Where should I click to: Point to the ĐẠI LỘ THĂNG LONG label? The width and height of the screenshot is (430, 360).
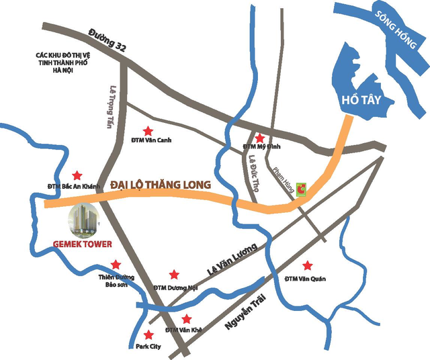[161, 184]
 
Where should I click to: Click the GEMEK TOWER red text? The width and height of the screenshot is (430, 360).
[82, 244]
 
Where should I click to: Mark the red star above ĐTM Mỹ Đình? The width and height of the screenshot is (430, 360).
[259, 136]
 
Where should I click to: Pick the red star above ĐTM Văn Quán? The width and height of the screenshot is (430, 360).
[307, 265]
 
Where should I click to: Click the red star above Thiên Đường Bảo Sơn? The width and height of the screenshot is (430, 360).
[116, 264]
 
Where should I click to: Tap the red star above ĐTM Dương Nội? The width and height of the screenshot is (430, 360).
[174, 274]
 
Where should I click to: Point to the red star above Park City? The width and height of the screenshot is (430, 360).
[148, 334]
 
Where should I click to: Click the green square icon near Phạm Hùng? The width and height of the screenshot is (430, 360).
[302, 190]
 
